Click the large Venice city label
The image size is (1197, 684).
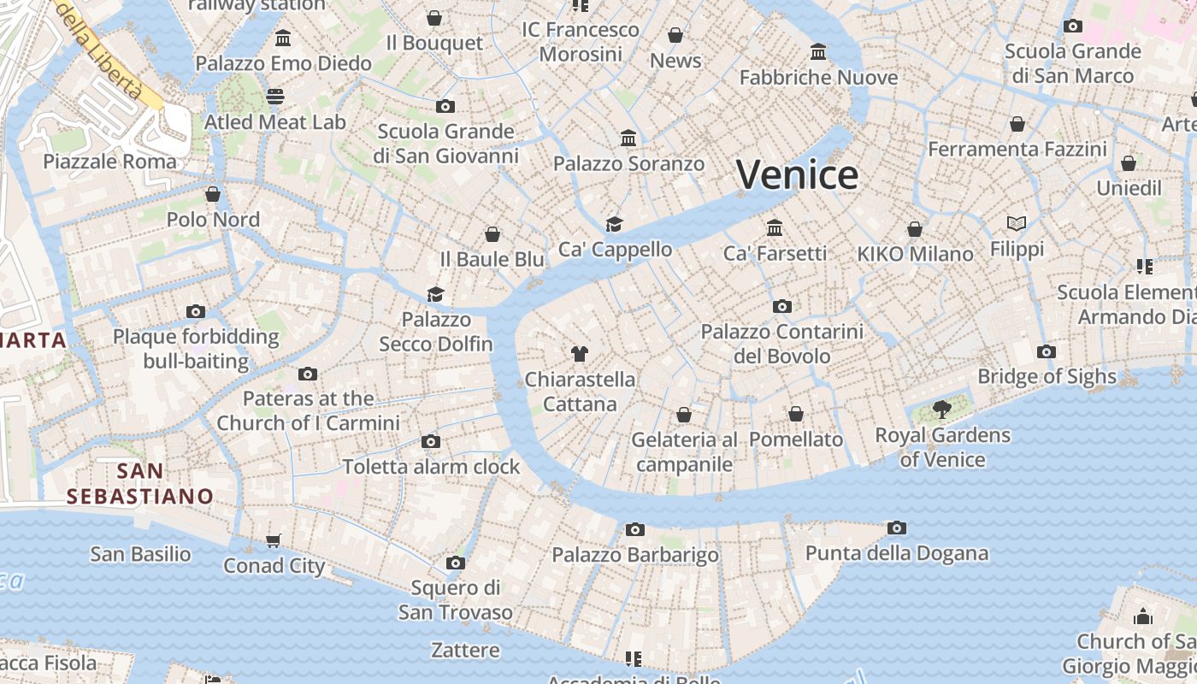point(797,174)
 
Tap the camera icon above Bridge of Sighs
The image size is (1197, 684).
point(1046,351)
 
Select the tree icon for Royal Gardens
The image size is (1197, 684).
point(942,410)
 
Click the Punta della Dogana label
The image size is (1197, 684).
point(897,553)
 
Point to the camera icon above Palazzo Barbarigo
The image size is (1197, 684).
point(634,530)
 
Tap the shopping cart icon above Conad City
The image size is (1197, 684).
point(274,540)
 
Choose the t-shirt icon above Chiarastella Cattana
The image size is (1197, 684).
point(580,354)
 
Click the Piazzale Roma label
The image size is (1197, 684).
point(109,162)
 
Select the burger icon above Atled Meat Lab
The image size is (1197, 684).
point(274,97)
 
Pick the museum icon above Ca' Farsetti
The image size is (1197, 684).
point(775,227)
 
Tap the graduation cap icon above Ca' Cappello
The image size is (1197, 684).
point(614,224)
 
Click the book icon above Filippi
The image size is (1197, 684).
point(1017,223)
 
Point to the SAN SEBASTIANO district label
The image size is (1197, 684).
point(140,483)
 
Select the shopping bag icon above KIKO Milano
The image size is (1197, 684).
point(915,229)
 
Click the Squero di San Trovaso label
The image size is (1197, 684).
point(456,600)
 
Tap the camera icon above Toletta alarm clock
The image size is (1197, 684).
point(431,442)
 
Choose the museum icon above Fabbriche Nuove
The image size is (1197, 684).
point(818,52)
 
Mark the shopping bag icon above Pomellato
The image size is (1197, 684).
point(796,414)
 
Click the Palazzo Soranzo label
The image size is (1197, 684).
point(629,163)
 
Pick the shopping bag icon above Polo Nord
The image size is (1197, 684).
point(213,194)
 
